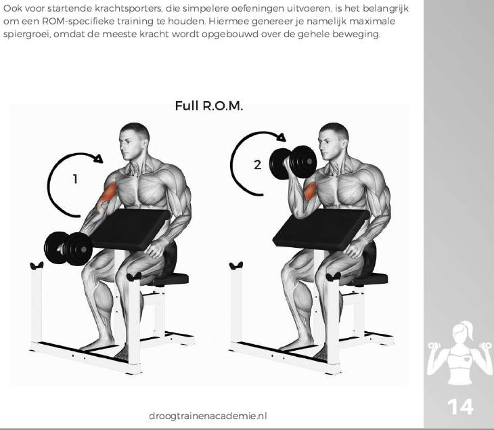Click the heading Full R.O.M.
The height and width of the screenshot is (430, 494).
point(209,106)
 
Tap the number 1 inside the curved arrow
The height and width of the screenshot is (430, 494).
point(75,179)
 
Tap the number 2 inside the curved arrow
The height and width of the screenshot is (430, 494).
point(257,165)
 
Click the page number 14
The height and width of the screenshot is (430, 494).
point(460,407)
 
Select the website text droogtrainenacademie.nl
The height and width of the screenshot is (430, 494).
point(208,416)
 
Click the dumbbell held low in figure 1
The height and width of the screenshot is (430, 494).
point(68,249)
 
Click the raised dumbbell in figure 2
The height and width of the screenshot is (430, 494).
point(293,163)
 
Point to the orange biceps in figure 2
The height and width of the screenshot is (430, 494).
point(310,190)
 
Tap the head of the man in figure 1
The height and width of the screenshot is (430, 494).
point(134,142)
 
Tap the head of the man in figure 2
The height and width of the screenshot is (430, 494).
point(334,142)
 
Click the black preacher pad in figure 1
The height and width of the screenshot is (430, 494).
point(129,229)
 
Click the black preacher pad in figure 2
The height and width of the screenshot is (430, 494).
point(321,229)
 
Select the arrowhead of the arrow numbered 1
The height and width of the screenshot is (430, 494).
point(99,158)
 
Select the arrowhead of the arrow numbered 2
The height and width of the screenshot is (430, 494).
point(281,137)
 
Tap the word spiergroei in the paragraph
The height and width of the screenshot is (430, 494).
point(26,35)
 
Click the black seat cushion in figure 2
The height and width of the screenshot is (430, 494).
point(367,279)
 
